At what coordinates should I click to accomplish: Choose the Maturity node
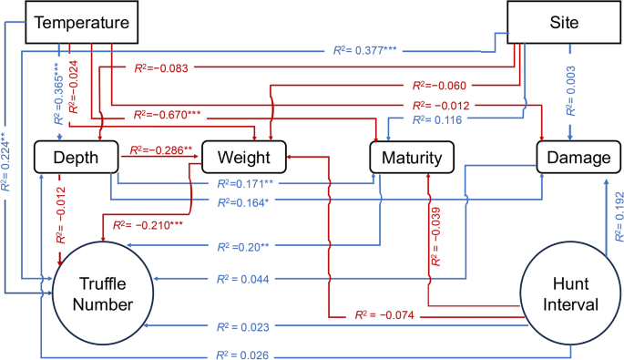(410, 157)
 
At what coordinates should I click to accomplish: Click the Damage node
(573, 157)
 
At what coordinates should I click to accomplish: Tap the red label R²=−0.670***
(168, 116)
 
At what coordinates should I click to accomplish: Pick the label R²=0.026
(236, 354)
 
